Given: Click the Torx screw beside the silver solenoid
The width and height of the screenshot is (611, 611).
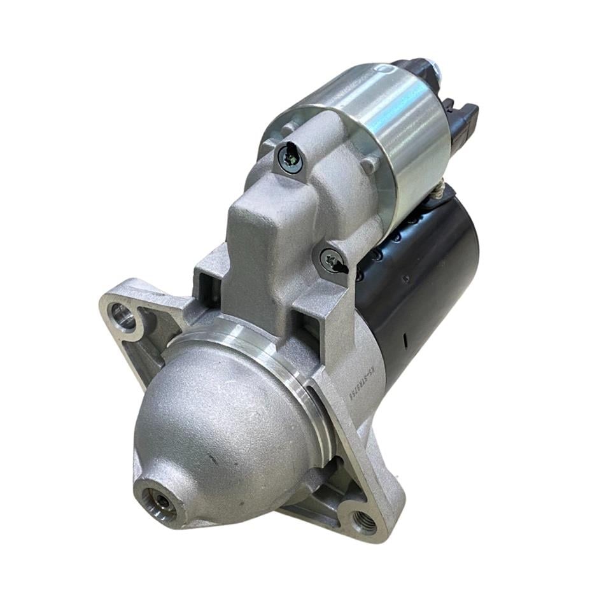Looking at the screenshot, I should click(x=290, y=158).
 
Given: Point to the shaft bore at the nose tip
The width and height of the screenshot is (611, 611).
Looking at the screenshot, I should click(x=162, y=500).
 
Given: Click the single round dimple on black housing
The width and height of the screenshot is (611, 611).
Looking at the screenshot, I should click(x=405, y=277).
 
